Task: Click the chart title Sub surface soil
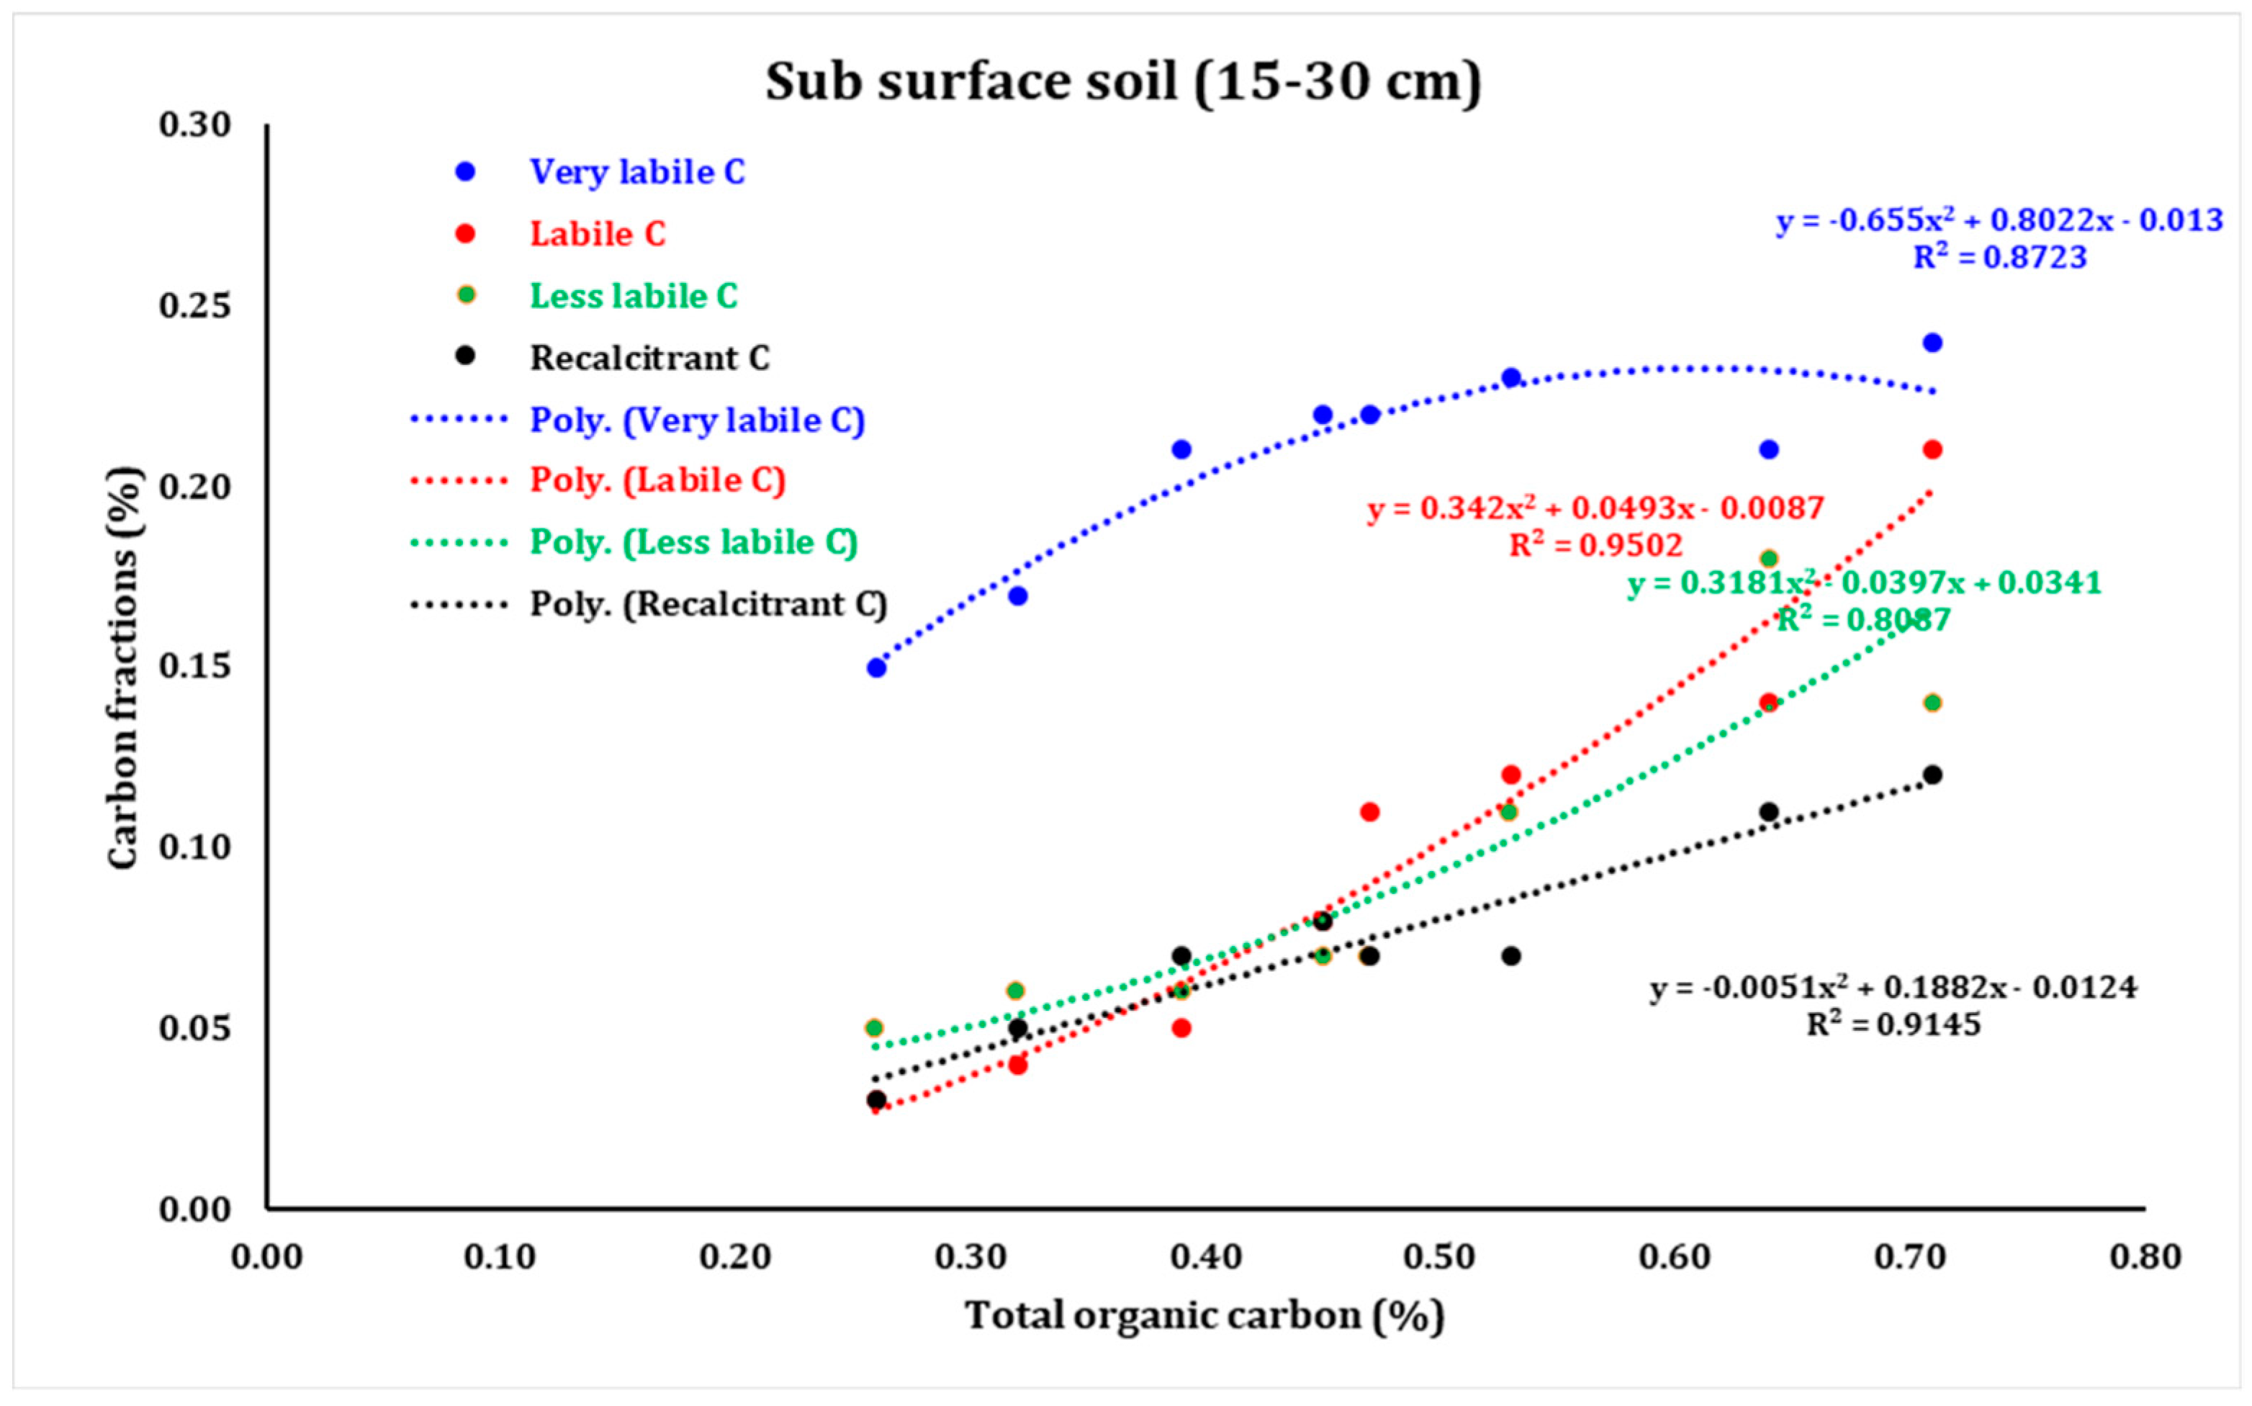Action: point(1122,82)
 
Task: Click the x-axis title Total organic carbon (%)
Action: point(1204,1316)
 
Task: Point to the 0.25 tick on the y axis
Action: point(195,305)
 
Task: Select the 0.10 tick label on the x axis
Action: point(500,1257)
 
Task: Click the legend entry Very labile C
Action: point(637,172)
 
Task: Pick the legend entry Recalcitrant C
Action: point(649,358)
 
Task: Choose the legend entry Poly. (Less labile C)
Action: point(693,542)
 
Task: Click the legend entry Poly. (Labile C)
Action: point(657,481)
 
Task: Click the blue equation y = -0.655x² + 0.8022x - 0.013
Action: point(1999,220)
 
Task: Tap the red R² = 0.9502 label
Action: point(1595,545)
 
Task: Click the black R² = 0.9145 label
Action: point(1893,1024)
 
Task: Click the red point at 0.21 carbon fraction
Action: point(1932,450)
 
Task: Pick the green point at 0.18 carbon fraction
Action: point(1768,559)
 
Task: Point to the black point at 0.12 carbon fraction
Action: point(1932,775)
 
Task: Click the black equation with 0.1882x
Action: point(1893,988)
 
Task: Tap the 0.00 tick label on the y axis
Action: point(195,1209)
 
